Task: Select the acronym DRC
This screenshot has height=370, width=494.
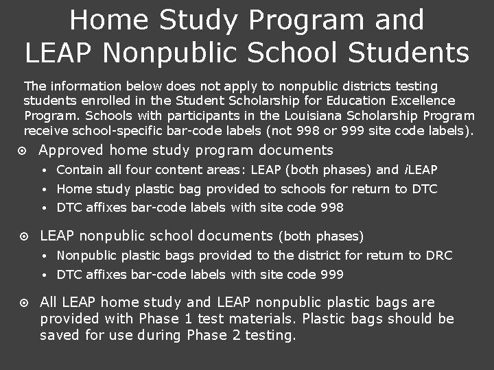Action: (439, 256)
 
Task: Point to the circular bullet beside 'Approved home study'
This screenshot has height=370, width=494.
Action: (24, 151)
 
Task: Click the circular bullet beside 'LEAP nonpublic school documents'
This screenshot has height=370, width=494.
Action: (24, 236)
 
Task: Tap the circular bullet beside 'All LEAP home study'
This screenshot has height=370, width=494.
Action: (24, 303)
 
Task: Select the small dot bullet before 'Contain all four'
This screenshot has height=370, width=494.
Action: (43, 170)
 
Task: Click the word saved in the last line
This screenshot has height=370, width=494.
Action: (59, 336)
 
